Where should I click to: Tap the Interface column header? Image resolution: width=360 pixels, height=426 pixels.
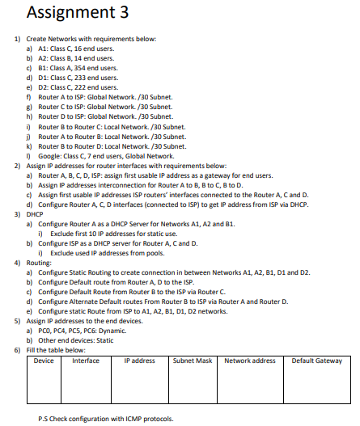[86, 361]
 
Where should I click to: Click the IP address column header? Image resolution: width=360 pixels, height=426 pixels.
[139, 361]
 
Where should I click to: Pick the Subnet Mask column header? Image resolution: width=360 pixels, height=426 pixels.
[192, 361]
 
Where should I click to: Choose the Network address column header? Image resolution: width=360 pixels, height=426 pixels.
[250, 361]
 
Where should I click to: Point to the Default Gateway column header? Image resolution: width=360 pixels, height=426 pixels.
[316, 361]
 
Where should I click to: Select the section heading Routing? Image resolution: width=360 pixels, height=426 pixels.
[41, 264]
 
